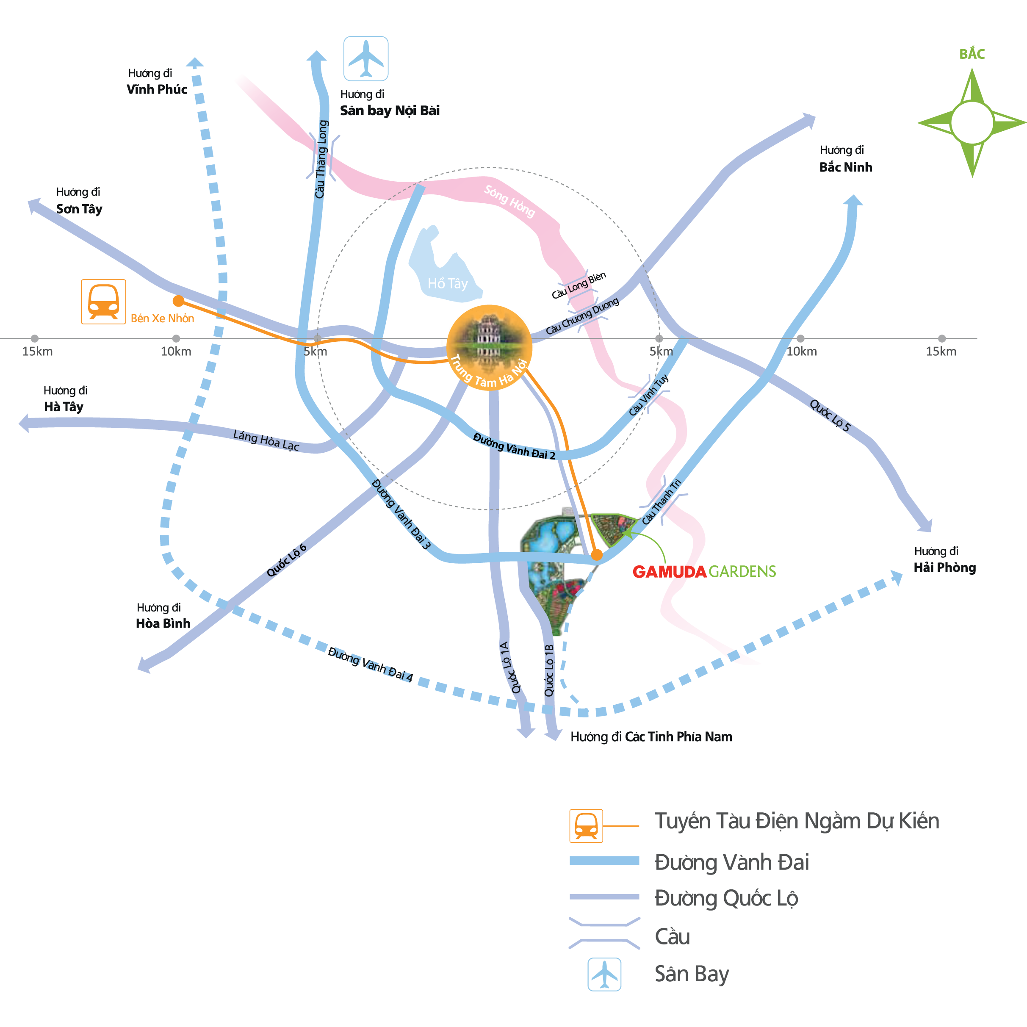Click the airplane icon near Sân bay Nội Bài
click(366, 58)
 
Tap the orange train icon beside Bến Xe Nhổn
click(103, 302)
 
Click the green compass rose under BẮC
click(972, 123)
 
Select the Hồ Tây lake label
click(448, 283)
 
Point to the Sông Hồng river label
click(509, 201)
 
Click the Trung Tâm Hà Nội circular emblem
click(489, 347)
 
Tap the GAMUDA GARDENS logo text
click(704, 571)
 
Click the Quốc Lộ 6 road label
click(287, 560)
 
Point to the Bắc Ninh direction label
click(845, 167)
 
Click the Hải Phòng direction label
click(944, 567)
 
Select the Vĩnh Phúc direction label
click(157, 89)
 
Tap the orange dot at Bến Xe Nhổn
click(179, 301)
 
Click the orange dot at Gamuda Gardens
click(597, 555)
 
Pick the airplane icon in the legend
click(604, 974)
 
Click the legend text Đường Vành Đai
click(731, 862)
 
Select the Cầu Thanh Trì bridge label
click(661, 502)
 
